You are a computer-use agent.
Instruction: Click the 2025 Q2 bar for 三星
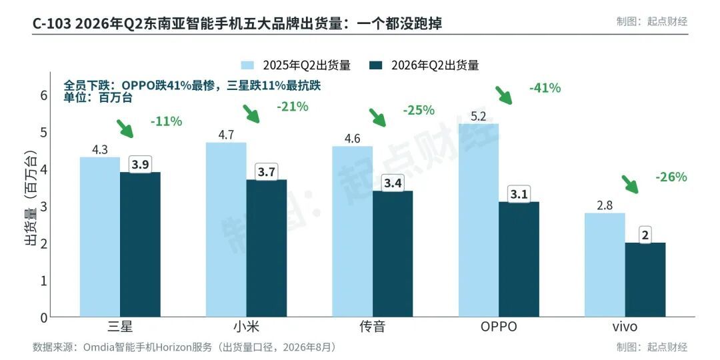(100, 237)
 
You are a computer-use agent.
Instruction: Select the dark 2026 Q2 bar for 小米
(266, 248)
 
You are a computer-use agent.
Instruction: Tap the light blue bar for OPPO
(479, 220)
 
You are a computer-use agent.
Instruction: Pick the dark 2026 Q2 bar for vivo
(645, 279)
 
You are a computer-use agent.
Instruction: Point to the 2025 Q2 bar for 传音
(352, 231)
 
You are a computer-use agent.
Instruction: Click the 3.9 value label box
(140, 165)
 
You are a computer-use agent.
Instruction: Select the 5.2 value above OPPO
(479, 117)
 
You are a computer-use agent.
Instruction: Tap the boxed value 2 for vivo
(645, 235)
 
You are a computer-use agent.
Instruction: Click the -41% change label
(545, 88)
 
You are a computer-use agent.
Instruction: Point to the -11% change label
(166, 122)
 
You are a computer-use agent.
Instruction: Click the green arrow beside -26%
(630, 184)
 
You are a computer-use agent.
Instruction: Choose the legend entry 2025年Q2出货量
(296, 65)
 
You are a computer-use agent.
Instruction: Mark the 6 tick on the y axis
(44, 95)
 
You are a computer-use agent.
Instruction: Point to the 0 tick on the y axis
(44, 317)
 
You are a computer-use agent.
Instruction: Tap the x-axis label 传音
(372, 327)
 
